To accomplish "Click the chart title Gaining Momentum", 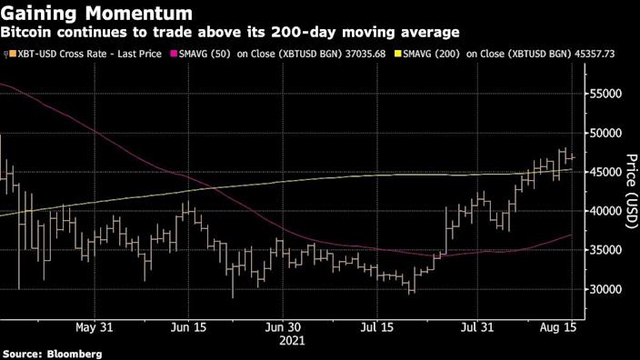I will coord(96,13).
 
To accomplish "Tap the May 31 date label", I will coord(94,326).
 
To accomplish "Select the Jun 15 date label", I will coord(190,326).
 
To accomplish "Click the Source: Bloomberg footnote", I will coord(51,353).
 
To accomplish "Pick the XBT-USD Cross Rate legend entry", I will coord(86,55).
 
